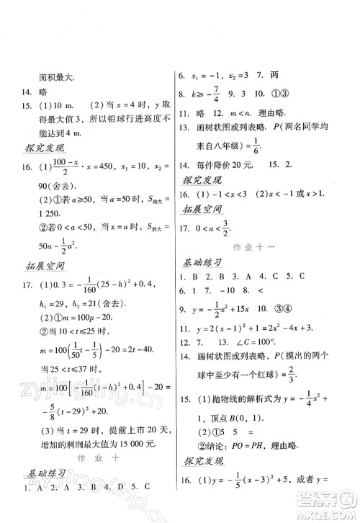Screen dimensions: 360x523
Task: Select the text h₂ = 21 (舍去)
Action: tap(102, 303)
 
